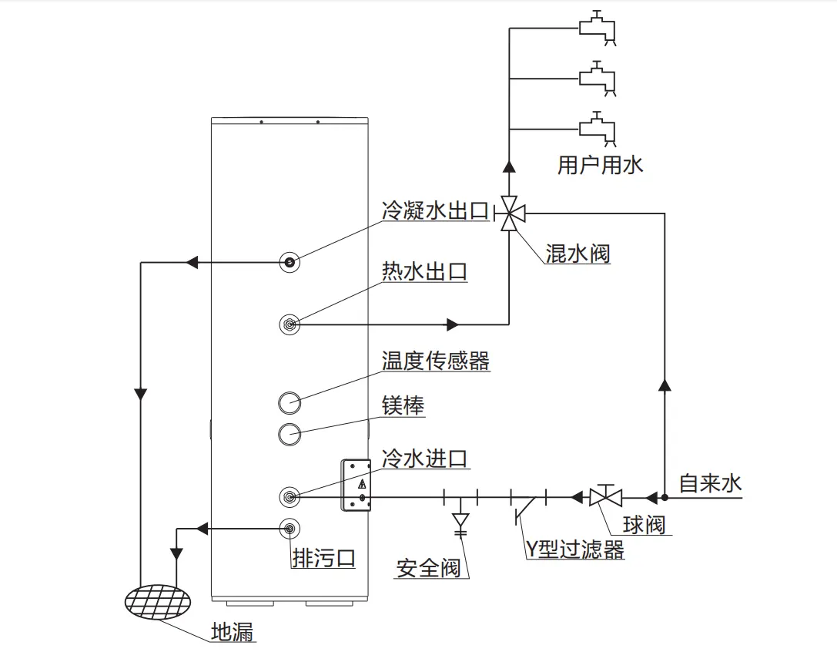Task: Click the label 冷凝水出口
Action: pyautogui.click(x=435, y=211)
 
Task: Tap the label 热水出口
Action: pyautogui.click(x=424, y=271)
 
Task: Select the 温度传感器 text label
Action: pyautogui.click(x=436, y=361)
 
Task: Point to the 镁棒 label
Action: pyautogui.click(x=403, y=406)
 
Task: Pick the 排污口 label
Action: pyautogui.click(x=324, y=558)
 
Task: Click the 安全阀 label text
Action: pyautogui.click(x=428, y=569)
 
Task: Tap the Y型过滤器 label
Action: pyautogui.click(x=574, y=549)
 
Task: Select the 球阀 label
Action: pyautogui.click(x=644, y=525)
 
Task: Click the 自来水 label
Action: pyautogui.click(x=710, y=484)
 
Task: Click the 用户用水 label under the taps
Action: pyautogui.click(x=600, y=165)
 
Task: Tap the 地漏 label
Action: pyautogui.click(x=233, y=633)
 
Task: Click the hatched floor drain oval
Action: pyautogui.click(x=160, y=601)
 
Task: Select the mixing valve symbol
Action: pyautogui.click(x=510, y=212)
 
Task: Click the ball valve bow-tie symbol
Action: pyautogui.click(x=606, y=497)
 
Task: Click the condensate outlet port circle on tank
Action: pyautogui.click(x=290, y=262)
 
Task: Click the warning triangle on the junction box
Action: pyautogui.click(x=362, y=485)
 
